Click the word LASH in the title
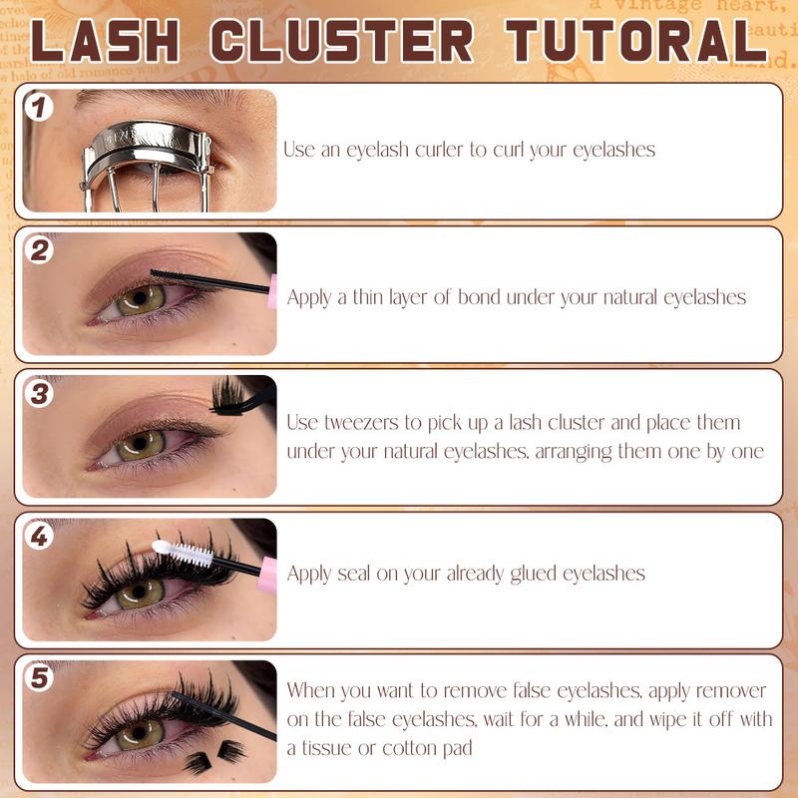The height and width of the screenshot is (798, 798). pyautogui.click(x=105, y=41)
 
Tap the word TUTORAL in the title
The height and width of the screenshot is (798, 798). pyautogui.click(x=636, y=41)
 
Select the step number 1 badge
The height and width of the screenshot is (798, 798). pyautogui.click(x=39, y=107)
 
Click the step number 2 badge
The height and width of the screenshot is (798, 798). pyautogui.click(x=40, y=250)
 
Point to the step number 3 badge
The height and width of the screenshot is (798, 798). pyautogui.click(x=40, y=393)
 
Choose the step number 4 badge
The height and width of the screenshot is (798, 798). pyautogui.click(x=39, y=536)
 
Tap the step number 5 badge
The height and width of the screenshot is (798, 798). pyautogui.click(x=39, y=678)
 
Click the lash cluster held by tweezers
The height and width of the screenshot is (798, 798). pyautogui.click(x=227, y=395)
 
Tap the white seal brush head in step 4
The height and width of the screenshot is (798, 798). pyautogui.click(x=183, y=554)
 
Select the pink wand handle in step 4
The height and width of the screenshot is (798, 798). pyautogui.click(x=267, y=575)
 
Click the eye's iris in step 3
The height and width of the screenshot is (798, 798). pyautogui.click(x=141, y=445)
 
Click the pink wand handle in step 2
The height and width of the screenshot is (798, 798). pyautogui.click(x=272, y=291)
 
